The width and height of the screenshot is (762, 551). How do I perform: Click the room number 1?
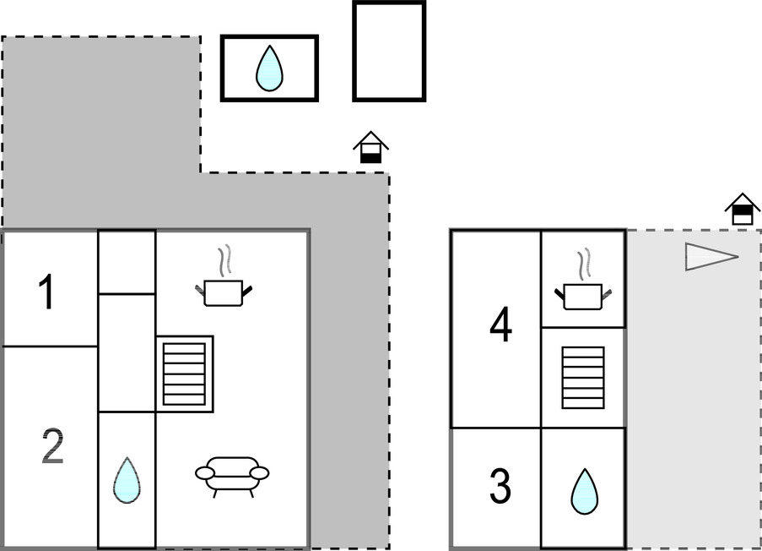(47, 292)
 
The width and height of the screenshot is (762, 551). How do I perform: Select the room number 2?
(52, 448)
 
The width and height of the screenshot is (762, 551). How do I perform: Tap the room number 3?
(500, 487)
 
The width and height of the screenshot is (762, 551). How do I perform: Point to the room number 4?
(500, 326)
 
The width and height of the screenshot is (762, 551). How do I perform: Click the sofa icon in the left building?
(232, 475)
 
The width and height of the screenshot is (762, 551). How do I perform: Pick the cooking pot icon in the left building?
(224, 292)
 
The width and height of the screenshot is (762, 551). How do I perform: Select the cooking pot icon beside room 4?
(583, 296)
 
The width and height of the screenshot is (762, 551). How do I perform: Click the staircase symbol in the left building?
(185, 374)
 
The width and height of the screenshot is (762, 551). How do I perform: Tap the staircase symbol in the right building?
(583, 377)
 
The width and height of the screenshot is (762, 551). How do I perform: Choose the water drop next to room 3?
(584, 491)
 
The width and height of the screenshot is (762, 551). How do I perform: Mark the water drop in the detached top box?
(269, 68)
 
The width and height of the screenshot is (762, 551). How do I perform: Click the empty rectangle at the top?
(389, 51)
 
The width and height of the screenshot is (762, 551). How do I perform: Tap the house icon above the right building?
(743, 209)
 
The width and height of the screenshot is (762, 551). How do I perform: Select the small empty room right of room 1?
(127, 262)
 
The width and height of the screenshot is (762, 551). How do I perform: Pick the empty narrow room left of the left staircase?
(127, 353)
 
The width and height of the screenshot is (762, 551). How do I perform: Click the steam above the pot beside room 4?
(583, 264)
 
